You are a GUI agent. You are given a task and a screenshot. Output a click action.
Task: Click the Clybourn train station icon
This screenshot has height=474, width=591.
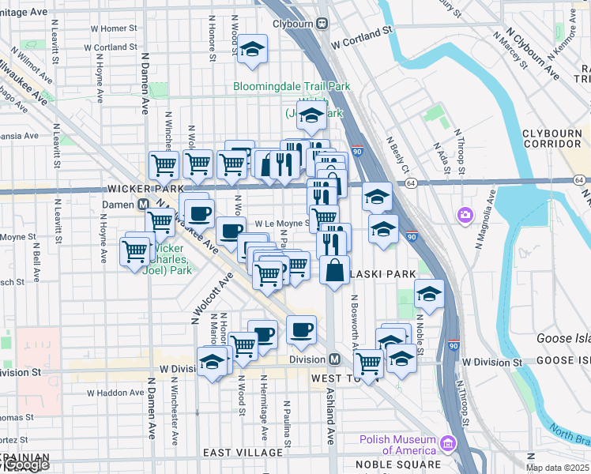point(323,24)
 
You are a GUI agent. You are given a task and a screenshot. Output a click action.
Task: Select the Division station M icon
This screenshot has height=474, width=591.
point(334,359)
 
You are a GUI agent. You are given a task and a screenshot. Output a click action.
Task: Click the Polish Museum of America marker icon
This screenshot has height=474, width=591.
point(449,445)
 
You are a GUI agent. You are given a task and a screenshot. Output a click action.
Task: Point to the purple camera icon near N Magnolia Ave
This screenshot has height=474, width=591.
point(465,214)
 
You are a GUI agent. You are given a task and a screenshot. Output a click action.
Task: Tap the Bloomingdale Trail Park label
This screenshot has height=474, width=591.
point(292,86)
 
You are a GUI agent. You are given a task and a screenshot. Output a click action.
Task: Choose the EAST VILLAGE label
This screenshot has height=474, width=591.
point(243,452)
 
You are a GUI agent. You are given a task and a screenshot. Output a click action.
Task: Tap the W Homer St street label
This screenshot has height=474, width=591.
point(115,28)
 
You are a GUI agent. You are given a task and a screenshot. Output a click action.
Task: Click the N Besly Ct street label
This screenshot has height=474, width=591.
point(397,153)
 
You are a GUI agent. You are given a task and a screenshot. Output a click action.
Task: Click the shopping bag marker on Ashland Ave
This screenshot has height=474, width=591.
point(335,269)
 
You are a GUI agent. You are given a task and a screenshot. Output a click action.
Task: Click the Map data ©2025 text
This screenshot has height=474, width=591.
point(557,468)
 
